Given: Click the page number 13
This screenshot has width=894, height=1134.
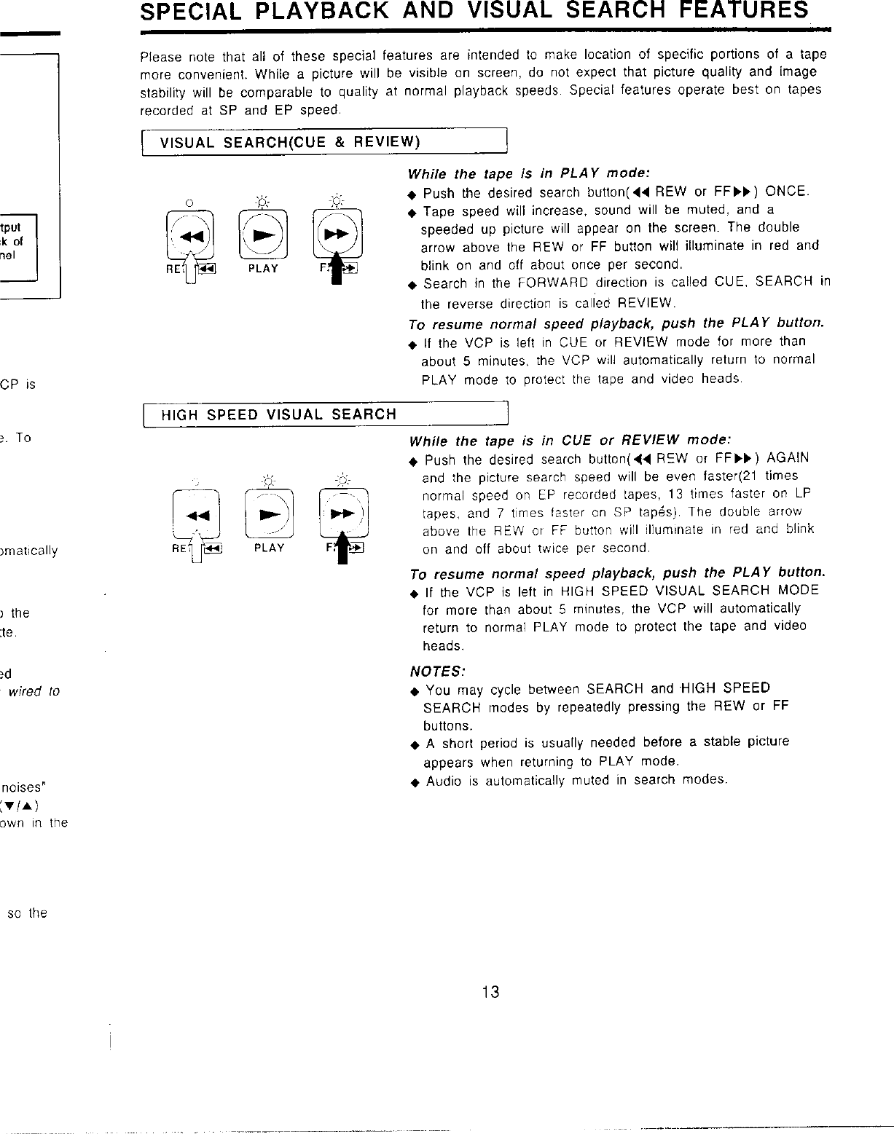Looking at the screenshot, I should (x=490, y=991).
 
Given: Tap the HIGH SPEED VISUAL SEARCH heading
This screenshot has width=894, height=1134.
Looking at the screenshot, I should (x=278, y=415).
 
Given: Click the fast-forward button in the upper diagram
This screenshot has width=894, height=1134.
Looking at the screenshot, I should (x=337, y=234).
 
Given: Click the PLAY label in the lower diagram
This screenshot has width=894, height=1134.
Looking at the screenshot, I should (x=269, y=548).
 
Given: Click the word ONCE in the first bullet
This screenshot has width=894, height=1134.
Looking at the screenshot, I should (x=786, y=192).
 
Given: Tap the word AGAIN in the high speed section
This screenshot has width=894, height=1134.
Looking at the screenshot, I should (x=788, y=458).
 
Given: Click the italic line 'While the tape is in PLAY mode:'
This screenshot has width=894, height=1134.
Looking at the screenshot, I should (x=528, y=173).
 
